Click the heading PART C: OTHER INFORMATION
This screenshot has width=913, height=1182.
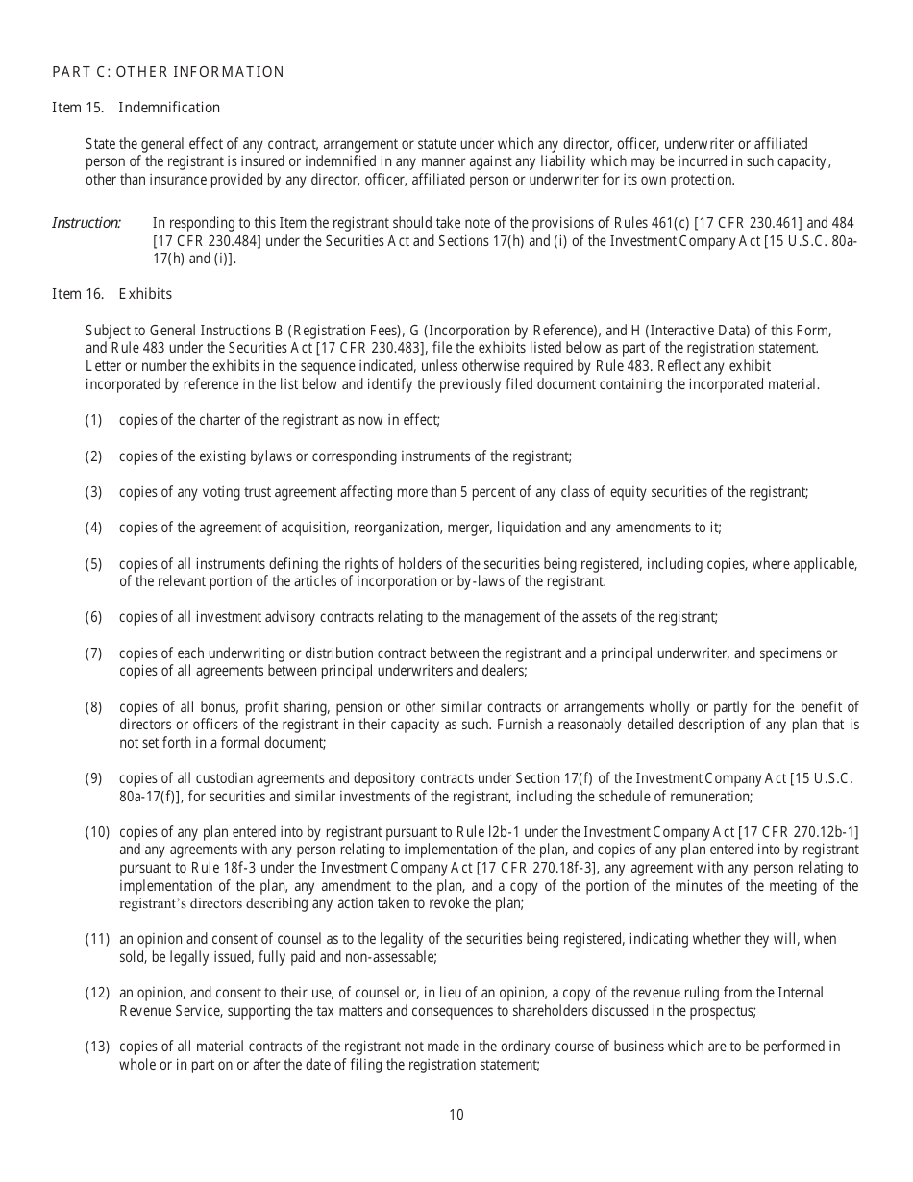[x=168, y=72]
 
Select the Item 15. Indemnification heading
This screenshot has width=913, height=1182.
[x=136, y=108]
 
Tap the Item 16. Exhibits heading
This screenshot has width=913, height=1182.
[x=111, y=293]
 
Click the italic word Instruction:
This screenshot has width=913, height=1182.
[x=86, y=223]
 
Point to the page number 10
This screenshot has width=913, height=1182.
[x=456, y=1115]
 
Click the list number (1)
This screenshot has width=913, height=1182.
[x=93, y=420]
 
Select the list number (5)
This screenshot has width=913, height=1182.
[x=93, y=563]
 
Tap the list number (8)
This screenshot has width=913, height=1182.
[x=93, y=707]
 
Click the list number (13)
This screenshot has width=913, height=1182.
[x=97, y=1046]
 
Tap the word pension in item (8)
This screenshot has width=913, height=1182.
[x=304, y=707]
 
